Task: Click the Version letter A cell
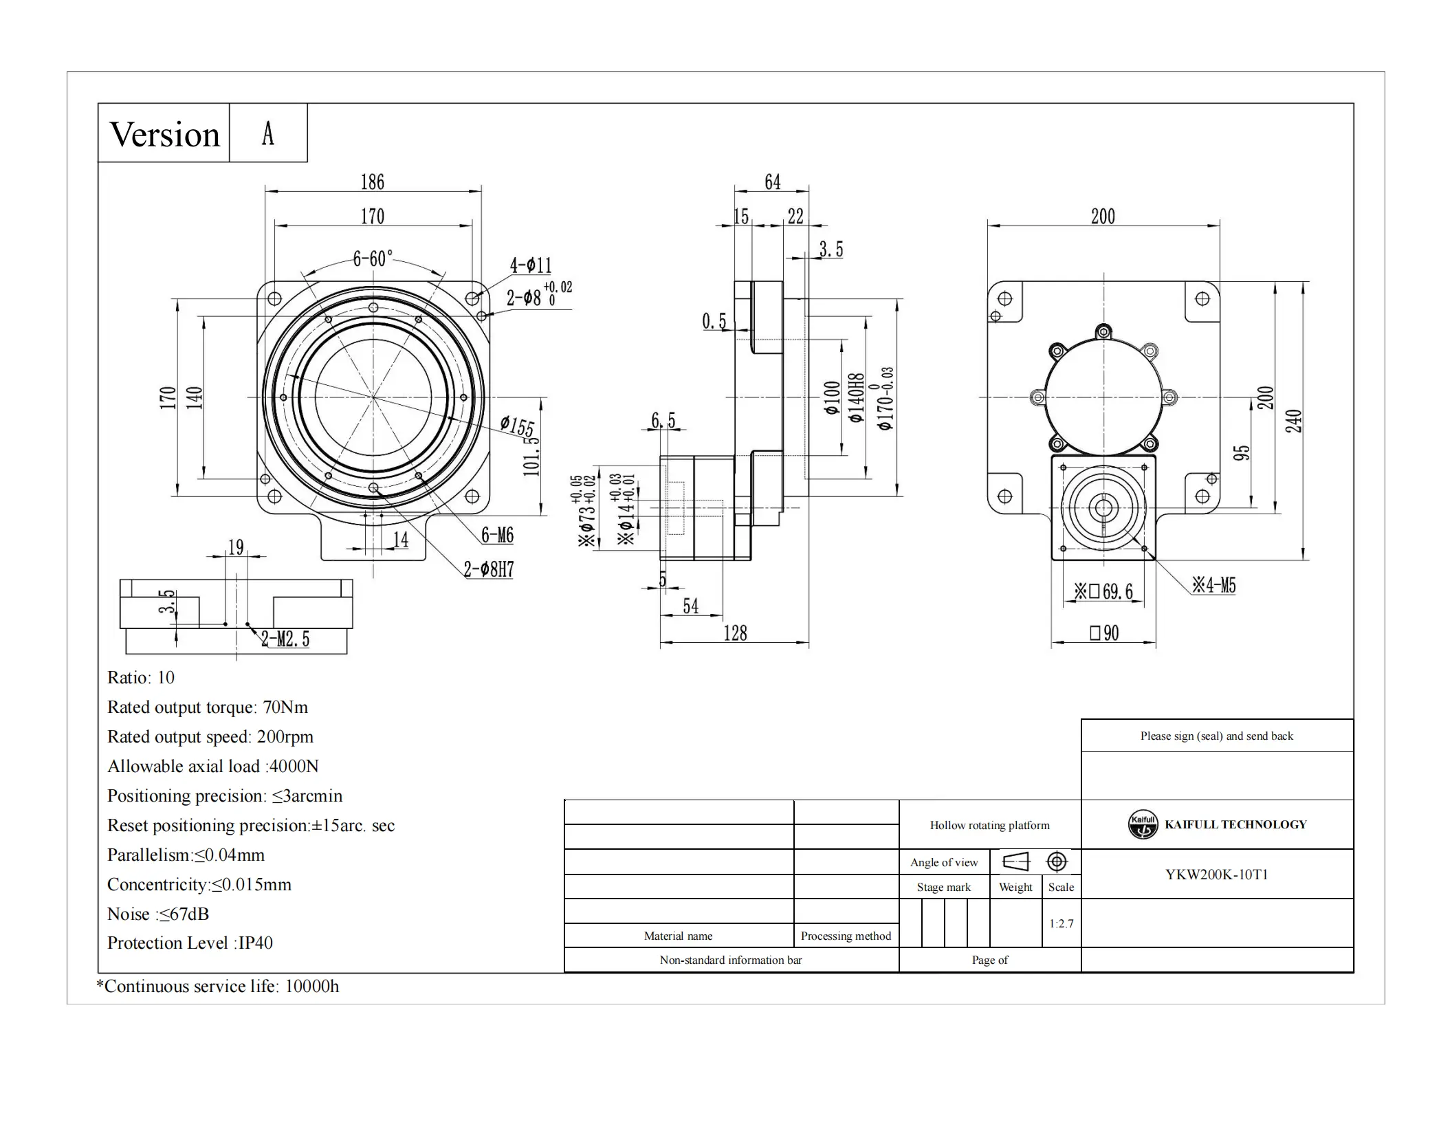[268, 133]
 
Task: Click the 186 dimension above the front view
[373, 182]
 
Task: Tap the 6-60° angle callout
[373, 258]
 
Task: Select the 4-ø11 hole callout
[530, 265]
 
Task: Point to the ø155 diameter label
[517, 426]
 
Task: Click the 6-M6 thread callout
[497, 535]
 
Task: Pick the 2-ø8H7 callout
[488, 569]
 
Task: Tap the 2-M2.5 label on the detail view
[285, 639]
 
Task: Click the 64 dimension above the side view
[772, 182]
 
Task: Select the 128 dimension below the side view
[735, 633]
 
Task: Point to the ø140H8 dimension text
[856, 398]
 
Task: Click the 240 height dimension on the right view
[1293, 421]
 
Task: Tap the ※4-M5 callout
[1214, 586]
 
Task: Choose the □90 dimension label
[1104, 632]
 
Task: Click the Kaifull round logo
[1143, 824]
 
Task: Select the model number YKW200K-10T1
[1216, 874]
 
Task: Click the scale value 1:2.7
[1061, 923]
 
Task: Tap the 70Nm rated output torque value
[285, 707]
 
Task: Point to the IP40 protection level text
[255, 943]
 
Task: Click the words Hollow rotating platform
[989, 825]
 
